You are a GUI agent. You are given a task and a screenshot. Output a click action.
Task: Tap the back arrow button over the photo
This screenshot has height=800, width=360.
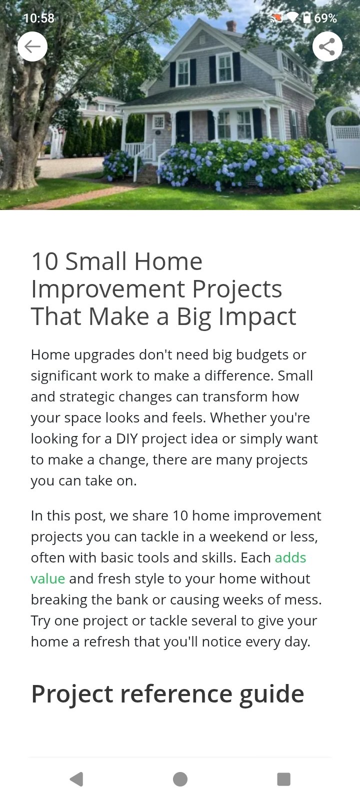[x=32, y=46]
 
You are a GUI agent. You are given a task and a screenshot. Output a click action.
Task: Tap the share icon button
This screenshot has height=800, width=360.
[x=327, y=46]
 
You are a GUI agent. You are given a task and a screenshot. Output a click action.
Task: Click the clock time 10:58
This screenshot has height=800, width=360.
[x=38, y=18]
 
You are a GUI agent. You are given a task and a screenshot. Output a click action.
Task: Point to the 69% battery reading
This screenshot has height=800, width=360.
[x=325, y=18]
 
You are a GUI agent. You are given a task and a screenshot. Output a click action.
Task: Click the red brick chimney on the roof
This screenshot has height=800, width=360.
[x=231, y=25]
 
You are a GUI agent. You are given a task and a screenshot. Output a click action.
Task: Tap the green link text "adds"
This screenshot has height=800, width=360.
[x=290, y=557]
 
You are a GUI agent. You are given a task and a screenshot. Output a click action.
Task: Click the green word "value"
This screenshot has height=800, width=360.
[x=48, y=578]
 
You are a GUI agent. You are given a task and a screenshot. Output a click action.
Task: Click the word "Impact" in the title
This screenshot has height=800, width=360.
[x=257, y=316]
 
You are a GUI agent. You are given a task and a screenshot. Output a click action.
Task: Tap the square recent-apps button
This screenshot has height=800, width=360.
[x=283, y=779]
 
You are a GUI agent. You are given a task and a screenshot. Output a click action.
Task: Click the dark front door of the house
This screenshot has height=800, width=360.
[x=182, y=127]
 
